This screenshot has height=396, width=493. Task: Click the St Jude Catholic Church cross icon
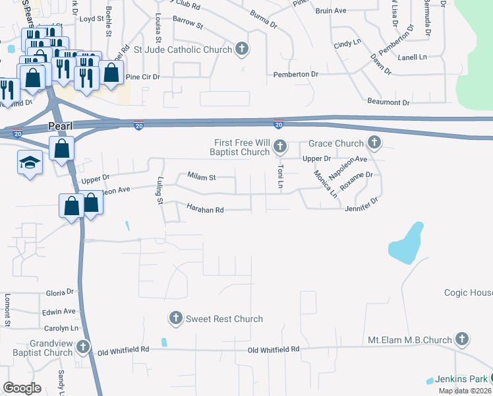pos(242,49)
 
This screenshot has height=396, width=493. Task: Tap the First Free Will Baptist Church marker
pos(279,146)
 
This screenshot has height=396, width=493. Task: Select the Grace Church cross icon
pos(374,143)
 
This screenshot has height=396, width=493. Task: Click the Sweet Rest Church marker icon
pos(175,319)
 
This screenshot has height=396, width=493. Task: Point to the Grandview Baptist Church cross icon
pos(83,346)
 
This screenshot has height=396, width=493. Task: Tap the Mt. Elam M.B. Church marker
pos(462,340)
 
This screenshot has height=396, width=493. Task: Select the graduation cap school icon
pos(29,164)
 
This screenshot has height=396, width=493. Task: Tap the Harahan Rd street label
pos(206,210)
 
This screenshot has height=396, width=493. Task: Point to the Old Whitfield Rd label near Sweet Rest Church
pos(274,349)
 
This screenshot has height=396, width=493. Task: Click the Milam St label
pos(202,177)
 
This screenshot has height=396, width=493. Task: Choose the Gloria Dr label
pos(60,292)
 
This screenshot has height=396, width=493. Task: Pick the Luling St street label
pos(159,189)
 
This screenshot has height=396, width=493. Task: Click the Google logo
pos(22,388)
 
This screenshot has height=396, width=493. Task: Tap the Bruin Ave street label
pos(331,11)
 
